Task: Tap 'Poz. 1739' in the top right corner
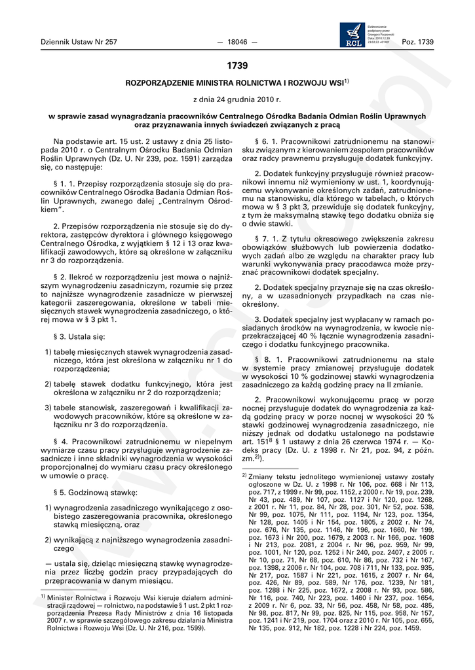[x=417, y=42]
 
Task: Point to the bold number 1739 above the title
[x=237, y=65]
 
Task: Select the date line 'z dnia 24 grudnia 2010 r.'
[x=237, y=99]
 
